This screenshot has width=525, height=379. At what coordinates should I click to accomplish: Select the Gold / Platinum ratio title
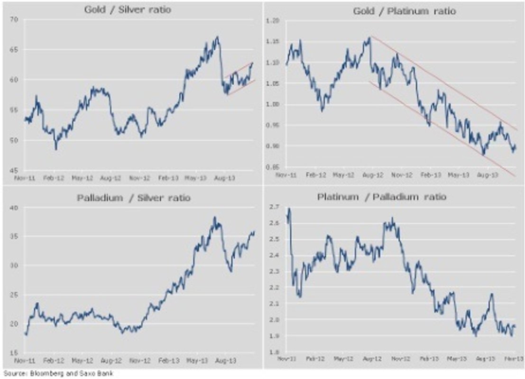click(404, 10)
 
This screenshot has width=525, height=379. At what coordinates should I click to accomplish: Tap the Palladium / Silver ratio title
click(133, 198)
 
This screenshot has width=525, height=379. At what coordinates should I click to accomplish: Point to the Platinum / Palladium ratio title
click(382, 197)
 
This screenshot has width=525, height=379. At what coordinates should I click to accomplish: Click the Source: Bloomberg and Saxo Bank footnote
click(57, 374)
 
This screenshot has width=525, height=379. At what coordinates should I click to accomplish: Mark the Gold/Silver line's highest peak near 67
click(217, 37)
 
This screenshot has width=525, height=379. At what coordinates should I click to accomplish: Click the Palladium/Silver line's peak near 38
click(214, 217)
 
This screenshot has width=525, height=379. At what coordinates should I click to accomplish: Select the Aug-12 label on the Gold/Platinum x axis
click(373, 175)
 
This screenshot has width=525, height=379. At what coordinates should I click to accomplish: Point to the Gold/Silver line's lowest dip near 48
click(56, 149)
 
